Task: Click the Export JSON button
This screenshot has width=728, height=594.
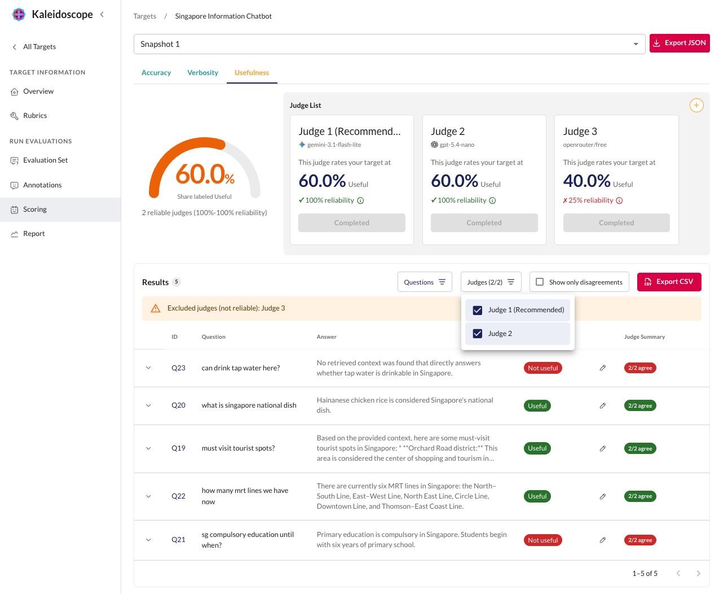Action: [679, 43]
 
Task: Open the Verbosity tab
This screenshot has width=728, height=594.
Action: [202, 72]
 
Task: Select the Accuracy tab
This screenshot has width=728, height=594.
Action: [156, 72]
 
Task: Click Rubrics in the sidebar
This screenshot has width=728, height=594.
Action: [35, 116]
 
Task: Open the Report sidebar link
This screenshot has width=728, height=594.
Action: [34, 234]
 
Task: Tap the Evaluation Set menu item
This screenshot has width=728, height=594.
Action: [45, 160]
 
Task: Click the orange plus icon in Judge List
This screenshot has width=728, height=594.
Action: [696, 106]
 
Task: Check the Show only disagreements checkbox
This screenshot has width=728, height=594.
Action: [539, 282]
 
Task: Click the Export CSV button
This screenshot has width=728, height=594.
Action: [669, 282]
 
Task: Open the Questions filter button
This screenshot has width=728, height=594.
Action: [425, 282]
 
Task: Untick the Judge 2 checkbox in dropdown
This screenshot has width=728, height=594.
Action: [477, 334]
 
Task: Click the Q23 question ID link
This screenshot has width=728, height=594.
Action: [178, 368]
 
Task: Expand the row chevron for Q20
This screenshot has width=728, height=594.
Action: [148, 406]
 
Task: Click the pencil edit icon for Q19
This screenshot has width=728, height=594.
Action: [603, 448]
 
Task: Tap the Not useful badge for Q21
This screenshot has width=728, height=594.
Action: [542, 540]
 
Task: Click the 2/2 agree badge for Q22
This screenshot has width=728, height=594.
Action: [640, 496]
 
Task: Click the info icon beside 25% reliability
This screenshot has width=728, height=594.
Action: [619, 200]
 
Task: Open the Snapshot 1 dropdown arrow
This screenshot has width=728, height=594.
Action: [636, 44]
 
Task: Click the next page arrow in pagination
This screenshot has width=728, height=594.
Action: [698, 574]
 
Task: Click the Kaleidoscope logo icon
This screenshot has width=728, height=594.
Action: [19, 14]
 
